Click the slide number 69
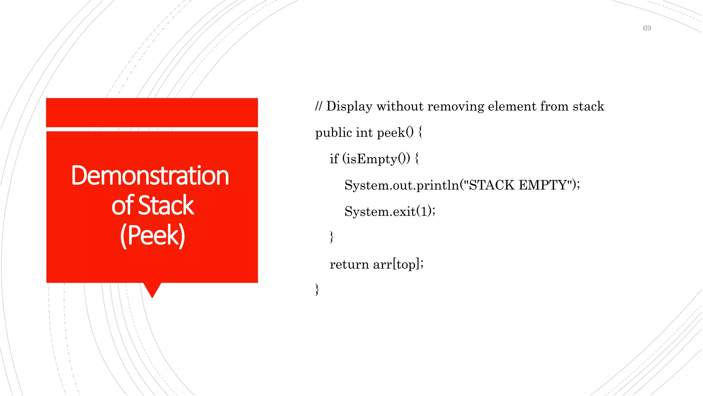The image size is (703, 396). pyautogui.click(x=647, y=28)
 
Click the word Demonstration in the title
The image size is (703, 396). pyautogui.click(x=150, y=176)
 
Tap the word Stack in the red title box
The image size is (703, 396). pyautogui.click(x=166, y=205)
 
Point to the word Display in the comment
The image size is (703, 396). pyautogui.click(x=349, y=106)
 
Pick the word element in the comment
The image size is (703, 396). pyautogui.click(x=512, y=106)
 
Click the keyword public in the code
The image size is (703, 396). pyautogui.click(x=334, y=133)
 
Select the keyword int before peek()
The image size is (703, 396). pyautogui.click(x=364, y=132)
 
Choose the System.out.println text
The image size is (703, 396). pyautogui.click(x=402, y=185)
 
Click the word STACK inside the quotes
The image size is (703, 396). pyautogui.click(x=492, y=185)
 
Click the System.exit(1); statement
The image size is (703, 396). pyautogui.click(x=390, y=211)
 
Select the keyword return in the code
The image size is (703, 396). pyautogui.click(x=349, y=264)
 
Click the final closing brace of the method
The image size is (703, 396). pyautogui.click(x=317, y=289)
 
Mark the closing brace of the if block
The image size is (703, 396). pyautogui.click(x=331, y=237)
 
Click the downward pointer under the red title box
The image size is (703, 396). pyautogui.click(x=152, y=289)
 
